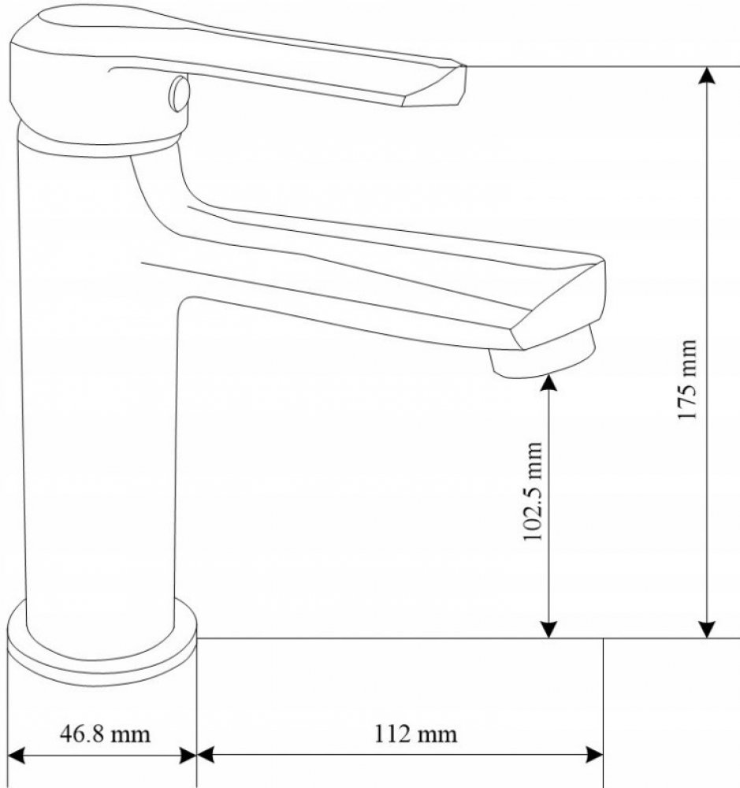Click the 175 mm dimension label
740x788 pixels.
(x=687, y=380)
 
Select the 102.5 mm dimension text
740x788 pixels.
(x=534, y=491)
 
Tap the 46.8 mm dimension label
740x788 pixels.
(x=105, y=734)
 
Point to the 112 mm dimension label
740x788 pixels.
(x=416, y=734)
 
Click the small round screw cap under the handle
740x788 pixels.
(x=180, y=94)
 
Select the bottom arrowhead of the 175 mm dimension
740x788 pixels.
(x=708, y=629)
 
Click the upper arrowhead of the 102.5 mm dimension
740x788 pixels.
(x=549, y=383)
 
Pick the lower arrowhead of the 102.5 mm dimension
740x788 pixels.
(x=549, y=629)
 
